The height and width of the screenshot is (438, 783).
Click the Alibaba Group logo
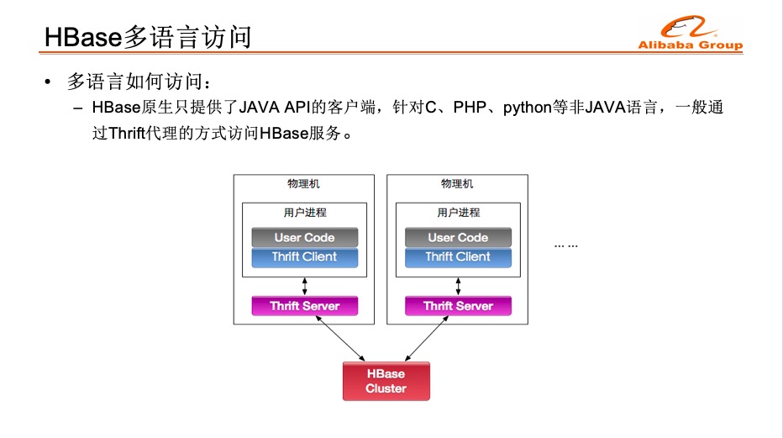coord(690,34)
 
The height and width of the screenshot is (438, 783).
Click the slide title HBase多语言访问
coord(148,37)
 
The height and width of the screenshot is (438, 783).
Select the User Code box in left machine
coord(304,237)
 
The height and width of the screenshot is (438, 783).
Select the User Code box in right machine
coord(458,237)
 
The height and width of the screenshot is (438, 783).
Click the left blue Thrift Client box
coord(304,257)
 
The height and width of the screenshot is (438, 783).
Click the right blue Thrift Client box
coord(458,257)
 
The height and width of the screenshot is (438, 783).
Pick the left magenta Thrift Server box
coord(304,306)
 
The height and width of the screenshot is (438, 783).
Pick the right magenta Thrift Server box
coord(458,306)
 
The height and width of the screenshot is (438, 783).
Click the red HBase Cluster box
coord(386,381)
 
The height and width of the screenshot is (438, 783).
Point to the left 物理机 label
coord(303,184)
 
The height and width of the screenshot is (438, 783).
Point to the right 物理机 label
coord(457,184)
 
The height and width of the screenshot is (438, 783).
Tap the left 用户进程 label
coord(304,213)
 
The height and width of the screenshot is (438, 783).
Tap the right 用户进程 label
coord(458,213)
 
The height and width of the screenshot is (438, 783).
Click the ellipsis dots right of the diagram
coord(566,245)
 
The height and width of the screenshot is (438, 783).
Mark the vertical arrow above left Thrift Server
coord(304,286)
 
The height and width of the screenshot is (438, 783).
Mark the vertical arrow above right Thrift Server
coord(458,286)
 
